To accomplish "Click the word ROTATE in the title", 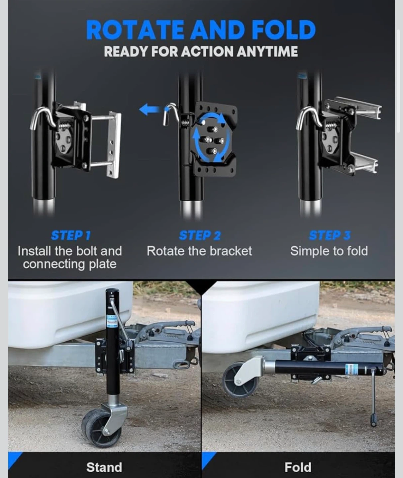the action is (135, 30).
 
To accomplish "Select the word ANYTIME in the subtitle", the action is (267, 51).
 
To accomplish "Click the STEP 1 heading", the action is (71, 235).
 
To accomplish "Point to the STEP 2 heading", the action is (200, 235).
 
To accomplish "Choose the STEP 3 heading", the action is (330, 235).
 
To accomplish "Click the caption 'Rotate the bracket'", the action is (199, 251).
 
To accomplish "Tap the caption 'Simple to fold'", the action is (329, 251).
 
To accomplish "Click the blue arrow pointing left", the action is (150, 109).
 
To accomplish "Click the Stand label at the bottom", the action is (104, 467).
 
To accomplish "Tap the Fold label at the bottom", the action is (298, 467).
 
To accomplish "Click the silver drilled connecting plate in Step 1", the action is (114, 144).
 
